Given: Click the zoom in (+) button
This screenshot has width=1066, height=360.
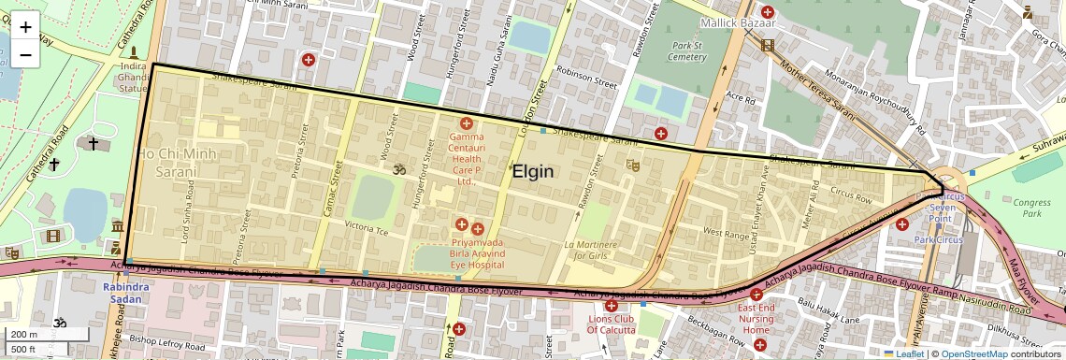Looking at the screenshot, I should click(x=25, y=27).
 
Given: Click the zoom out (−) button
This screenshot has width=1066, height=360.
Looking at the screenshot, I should click(x=25, y=54).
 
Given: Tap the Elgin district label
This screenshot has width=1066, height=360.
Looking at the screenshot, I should click(x=533, y=172).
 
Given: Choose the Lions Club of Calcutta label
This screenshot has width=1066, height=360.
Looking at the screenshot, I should click(x=612, y=324).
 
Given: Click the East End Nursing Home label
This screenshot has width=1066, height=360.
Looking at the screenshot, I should click(x=756, y=318).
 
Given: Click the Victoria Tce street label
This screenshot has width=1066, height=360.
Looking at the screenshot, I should click(x=367, y=227).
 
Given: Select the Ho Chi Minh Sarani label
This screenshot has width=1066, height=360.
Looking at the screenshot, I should click(x=178, y=162).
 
